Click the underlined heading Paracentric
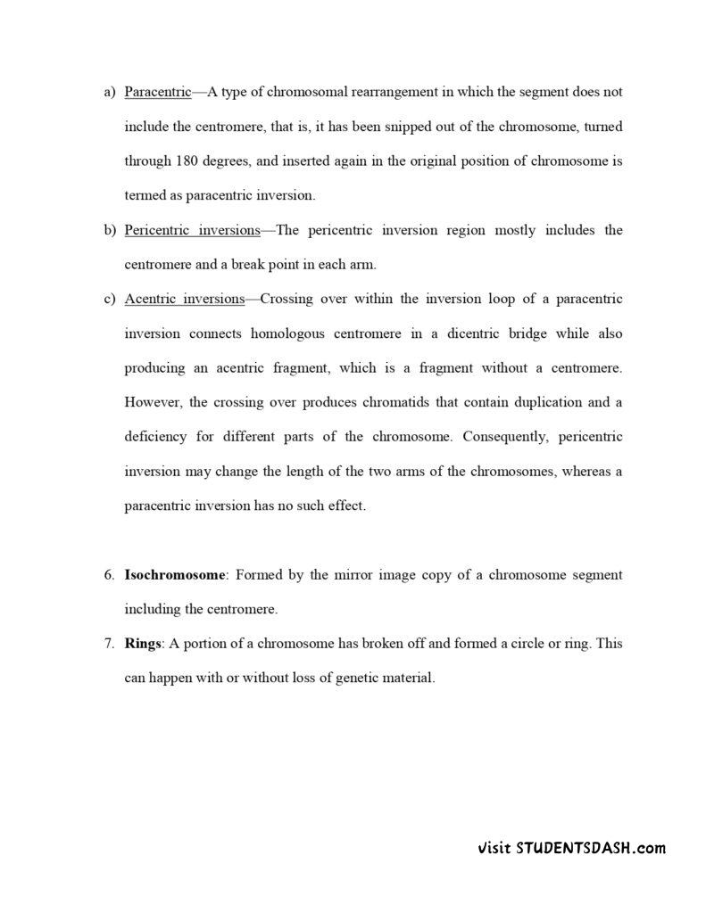[158, 93]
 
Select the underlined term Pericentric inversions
[192, 230]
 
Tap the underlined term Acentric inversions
[184, 299]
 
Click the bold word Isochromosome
[174, 575]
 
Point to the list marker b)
[110, 230]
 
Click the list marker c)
[110, 299]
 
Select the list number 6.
[109, 575]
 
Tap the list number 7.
[109, 644]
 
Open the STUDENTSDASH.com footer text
[571, 848]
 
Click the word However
[153, 402]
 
